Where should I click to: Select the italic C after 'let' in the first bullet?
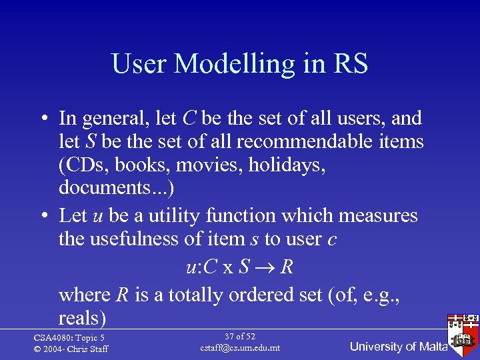click(x=189, y=119)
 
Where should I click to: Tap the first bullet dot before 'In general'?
click(x=42, y=119)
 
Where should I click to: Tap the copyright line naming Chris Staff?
click(x=70, y=349)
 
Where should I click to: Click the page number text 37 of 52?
click(x=240, y=337)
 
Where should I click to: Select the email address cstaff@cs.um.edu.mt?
click(x=240, y=348)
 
